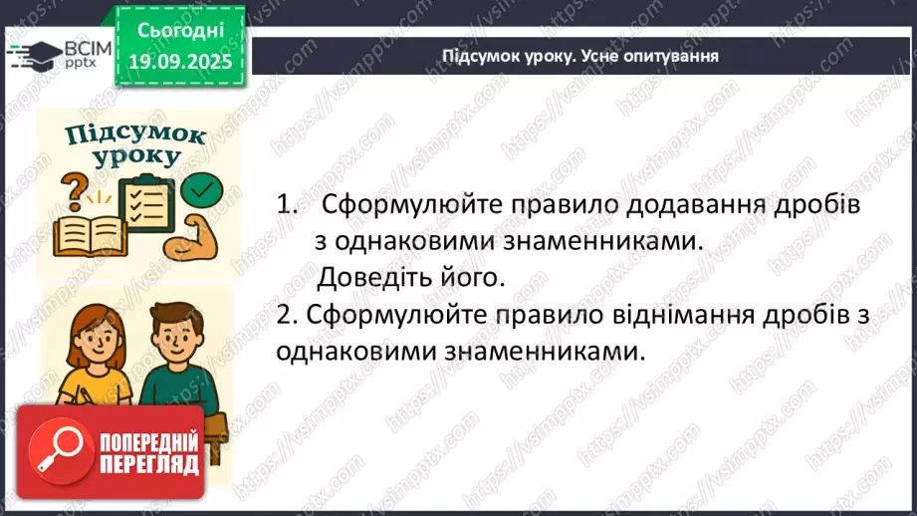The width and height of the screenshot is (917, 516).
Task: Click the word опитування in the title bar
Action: click(x=676, y=56)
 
